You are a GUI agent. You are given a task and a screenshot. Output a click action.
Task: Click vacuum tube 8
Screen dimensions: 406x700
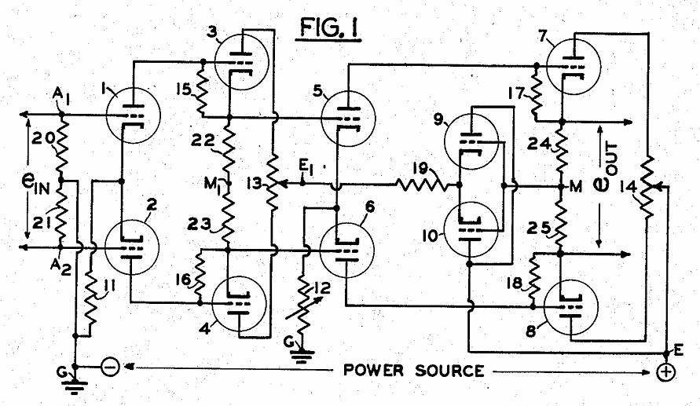(569, 305)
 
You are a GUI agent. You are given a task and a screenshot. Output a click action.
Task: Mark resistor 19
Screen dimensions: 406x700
(424, 187)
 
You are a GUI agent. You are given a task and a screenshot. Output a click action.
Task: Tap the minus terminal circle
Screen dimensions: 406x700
(111, 367)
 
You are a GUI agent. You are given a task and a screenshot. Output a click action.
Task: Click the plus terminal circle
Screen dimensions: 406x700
(666, 372)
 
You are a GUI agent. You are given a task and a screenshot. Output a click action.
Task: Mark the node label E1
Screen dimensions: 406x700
(307, 167)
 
